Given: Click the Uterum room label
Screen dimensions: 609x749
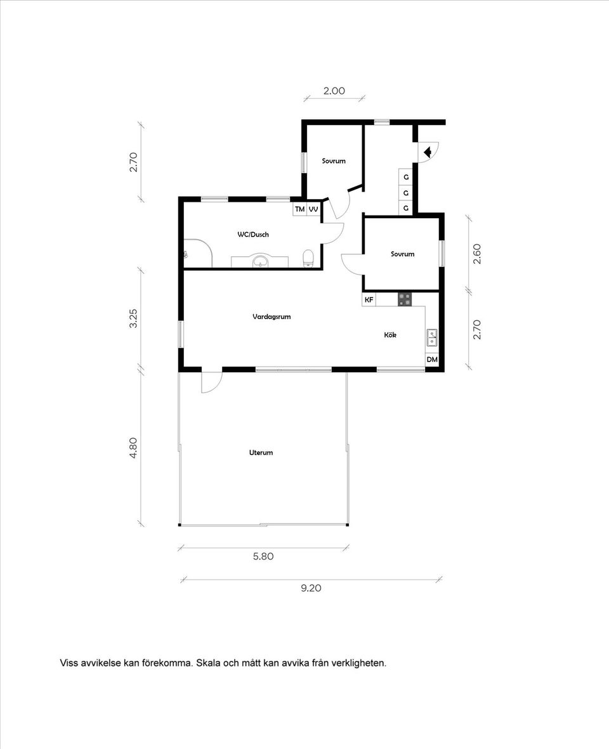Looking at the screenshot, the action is [261, 452].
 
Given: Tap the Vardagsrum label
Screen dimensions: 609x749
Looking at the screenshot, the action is [272, 316].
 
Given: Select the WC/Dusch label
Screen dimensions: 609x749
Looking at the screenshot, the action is [253, 235].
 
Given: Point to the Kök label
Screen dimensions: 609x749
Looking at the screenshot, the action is [390, 335].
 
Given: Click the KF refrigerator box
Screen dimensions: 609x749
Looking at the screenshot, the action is [369, 299].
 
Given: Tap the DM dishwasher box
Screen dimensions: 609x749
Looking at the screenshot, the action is [432, 359].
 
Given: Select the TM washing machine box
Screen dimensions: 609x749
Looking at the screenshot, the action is [299, 209].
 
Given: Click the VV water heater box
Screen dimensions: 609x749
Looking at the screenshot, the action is [313, 209].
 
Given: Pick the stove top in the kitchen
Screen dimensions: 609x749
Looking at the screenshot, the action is [405, 299].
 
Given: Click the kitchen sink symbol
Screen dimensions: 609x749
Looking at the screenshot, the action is [432, 337].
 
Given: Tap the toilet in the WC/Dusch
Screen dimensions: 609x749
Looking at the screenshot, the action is [308, 258].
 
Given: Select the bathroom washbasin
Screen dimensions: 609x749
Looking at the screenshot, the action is [261, 261].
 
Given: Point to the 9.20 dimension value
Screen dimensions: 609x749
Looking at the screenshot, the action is [311, 588].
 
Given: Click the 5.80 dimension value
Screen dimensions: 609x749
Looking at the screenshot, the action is [263, 556].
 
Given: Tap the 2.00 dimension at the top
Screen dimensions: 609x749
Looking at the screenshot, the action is [334, 91].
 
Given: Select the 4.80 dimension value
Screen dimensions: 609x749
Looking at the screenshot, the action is [133, 448].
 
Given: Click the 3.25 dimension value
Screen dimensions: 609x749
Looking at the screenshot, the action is [133, 318].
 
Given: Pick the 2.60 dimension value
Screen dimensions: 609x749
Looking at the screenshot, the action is [476, 254].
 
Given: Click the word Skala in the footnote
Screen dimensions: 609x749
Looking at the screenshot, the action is [208, 663].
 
